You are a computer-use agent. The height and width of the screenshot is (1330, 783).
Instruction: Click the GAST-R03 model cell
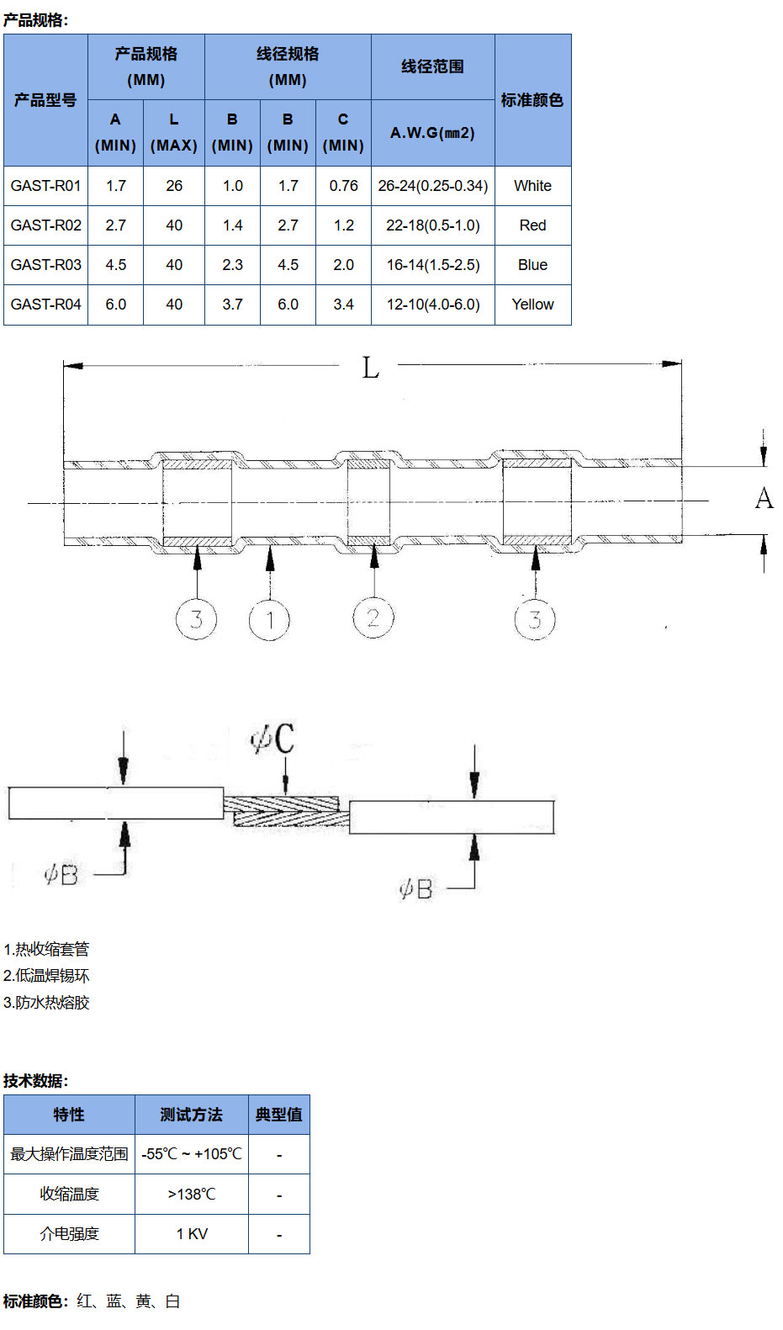point(45,265)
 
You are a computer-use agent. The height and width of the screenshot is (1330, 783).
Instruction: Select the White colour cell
point(532,186)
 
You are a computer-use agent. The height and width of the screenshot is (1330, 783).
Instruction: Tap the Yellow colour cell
point(532,305)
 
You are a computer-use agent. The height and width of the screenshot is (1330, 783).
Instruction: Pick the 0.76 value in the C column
point(343,186)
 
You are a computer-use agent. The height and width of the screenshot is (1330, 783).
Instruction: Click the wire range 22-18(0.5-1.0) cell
point(432,225)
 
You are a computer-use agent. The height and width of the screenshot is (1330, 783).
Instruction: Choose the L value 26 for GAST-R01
point(174,186)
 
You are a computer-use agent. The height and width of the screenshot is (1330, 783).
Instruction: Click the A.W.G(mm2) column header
point(432,133)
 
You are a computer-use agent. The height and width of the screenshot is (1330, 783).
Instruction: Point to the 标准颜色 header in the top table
point(532,100)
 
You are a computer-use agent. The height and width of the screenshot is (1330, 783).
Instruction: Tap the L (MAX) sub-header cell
point(174,132)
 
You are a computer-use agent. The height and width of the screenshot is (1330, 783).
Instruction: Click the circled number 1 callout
point(269,621)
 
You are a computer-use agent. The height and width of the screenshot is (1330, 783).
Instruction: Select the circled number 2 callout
point(373,618)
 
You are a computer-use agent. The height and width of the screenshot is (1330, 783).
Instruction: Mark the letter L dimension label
point(370,368)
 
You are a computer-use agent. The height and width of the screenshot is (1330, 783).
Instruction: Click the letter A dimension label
point(764,499)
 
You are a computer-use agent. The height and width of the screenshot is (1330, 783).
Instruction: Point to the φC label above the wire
point(272,738)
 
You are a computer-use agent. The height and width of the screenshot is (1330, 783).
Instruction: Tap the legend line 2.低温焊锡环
point(46,976)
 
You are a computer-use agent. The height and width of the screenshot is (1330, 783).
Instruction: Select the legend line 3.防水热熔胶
point(46,1003)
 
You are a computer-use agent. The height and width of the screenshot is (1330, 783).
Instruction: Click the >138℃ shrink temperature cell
point(192,1195)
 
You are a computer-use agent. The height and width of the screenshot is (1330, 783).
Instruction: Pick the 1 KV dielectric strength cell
point(192,1234)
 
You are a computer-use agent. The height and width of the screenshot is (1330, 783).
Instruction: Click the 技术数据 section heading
point(35,1081)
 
